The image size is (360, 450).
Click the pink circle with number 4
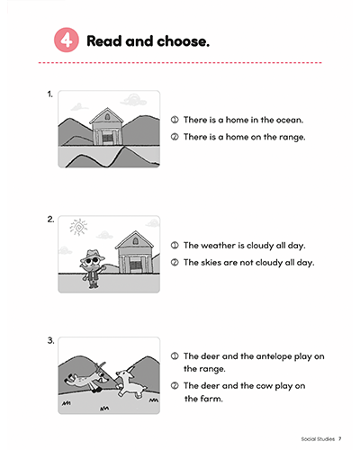click(67, 40)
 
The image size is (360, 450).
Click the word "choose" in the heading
click(181, 41)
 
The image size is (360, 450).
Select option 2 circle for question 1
click(175, 137)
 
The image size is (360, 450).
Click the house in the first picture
click(106, 126)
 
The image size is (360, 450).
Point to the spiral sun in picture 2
click(78, 227)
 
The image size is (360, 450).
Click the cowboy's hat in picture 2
click(94, 255)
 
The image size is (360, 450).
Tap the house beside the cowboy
click(135, 252)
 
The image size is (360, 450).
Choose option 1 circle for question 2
click(175, 245)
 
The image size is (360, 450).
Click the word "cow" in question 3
click(265, 386)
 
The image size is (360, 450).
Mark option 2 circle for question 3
click(175, 385)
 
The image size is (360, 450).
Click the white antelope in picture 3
click(130, 382)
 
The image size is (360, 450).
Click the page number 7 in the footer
click(340, 438)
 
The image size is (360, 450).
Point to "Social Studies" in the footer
click(318, 439)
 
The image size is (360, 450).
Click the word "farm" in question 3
click(211, 399)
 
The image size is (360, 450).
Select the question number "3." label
click(50, 340)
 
